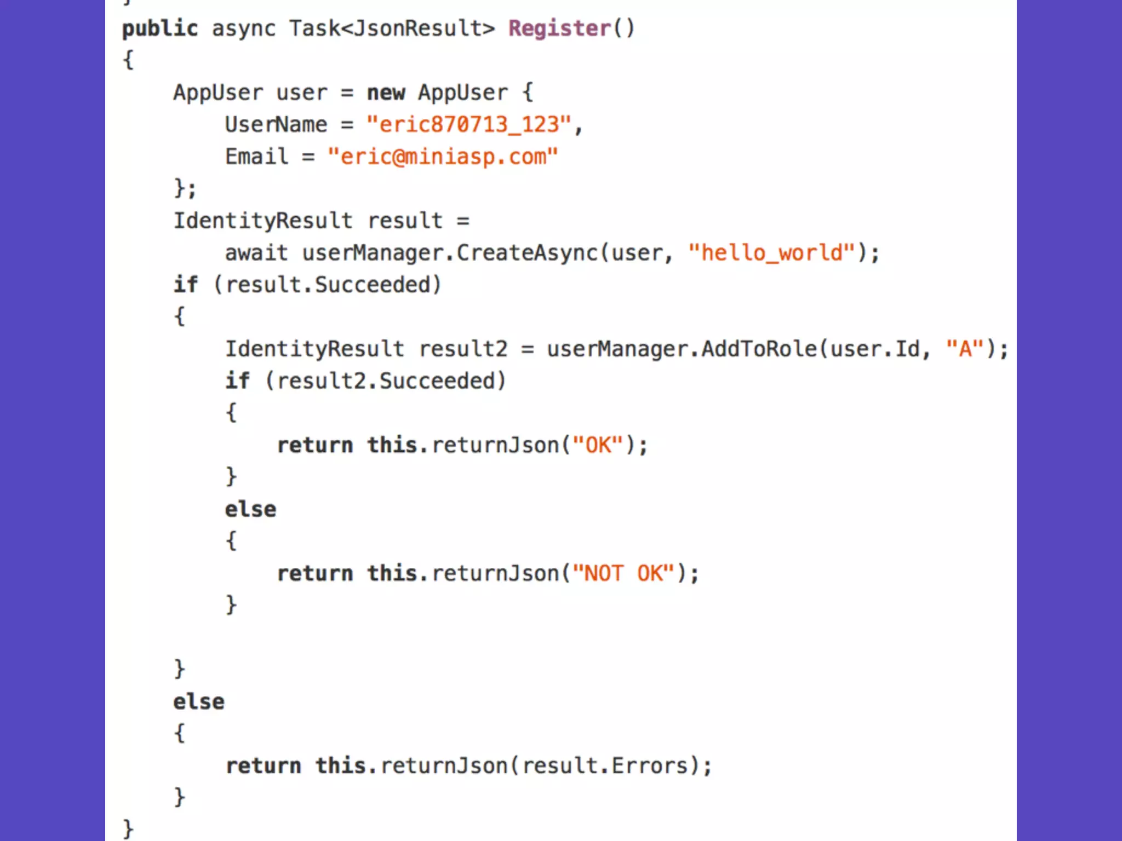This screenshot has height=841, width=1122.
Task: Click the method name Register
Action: (x=559, y=28)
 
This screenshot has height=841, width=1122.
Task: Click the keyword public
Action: (x=159, y=28)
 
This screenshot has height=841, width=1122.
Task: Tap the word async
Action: (x=244, y=28)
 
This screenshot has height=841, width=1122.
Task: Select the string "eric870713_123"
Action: (x=469, y=125)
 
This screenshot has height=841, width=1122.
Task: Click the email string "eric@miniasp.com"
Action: (x=443, y=157)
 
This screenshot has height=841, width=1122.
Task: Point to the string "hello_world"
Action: (x=771, y=253)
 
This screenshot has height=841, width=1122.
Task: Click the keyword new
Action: (x=386, y=93)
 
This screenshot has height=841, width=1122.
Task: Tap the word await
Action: (x=256, y=253)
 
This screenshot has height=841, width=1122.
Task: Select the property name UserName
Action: (x=276, y=125)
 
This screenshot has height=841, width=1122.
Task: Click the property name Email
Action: (x=256, y=157)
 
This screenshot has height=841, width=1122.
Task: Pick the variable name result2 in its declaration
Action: (x=463, y=349)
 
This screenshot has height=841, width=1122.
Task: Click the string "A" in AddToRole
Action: (x=965, y=349)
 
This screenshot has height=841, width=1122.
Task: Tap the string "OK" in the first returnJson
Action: (x=598, y=445)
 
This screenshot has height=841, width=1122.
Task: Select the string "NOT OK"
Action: (x=623, y=574)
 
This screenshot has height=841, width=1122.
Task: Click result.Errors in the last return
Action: (x=604, y=766)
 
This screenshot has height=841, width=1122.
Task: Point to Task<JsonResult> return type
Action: (x=392, y=28)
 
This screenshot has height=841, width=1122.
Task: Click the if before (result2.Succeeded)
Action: (x=237, y=381)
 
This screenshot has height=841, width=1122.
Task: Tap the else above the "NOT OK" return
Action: (x=250, y=510)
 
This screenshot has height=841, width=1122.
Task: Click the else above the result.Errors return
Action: (x=198, y=702)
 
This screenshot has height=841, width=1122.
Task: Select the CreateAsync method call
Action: (x=527, y=253)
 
